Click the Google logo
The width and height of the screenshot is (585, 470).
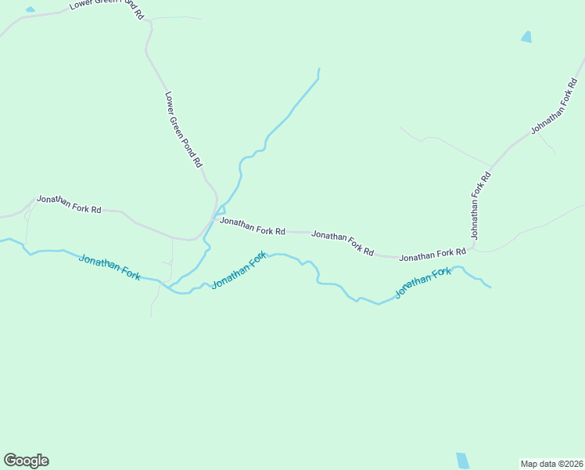(x=26, y=461)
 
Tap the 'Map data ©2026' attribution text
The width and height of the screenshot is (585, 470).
(x=551, y=464)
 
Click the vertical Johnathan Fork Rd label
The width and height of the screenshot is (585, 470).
(x=479, y=205)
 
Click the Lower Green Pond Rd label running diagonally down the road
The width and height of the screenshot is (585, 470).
(x=184, y=130)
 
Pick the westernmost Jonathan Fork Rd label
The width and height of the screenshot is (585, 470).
(x=70, y=205)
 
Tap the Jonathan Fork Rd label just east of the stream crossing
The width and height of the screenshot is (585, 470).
(x=253, y=226)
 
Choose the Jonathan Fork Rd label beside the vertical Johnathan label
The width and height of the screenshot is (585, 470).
(x=432, y=255)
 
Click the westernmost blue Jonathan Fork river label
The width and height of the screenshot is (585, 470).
(x=109, y=266)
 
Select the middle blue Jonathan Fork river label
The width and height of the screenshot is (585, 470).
(x=239, y=270)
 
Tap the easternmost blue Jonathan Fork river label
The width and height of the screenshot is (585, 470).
(x=422, y=282)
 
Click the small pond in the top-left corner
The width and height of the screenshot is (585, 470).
(x=30, y=9)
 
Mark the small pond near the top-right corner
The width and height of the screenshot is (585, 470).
(x=526, y=37)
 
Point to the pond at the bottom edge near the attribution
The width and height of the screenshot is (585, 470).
(x=463, y=461)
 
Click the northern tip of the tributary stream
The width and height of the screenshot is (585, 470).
(x=319, y=70)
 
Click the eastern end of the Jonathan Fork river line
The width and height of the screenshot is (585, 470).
(x=490, y=287)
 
